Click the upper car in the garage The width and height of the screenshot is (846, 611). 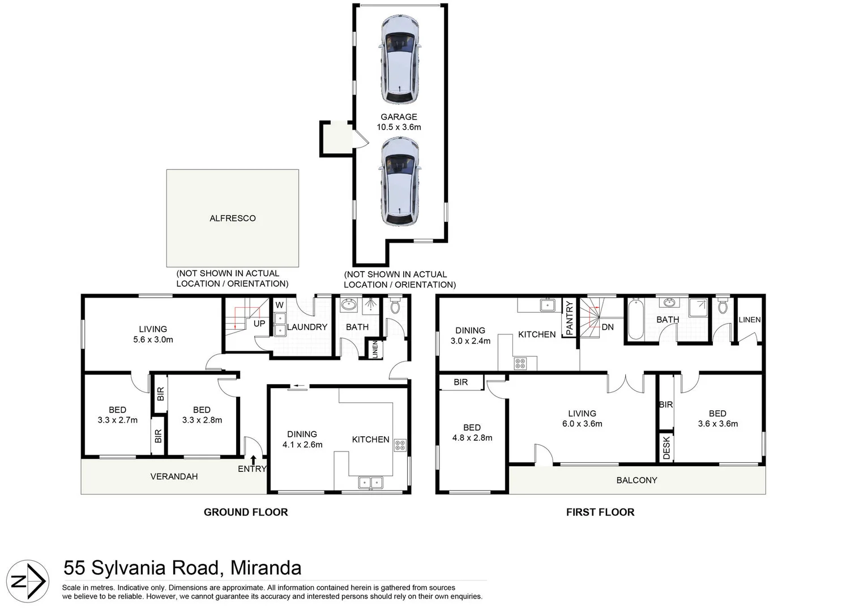[x=400, y=60]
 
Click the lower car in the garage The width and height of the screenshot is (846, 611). [x=400, y=183]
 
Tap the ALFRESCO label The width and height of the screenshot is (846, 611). [x=233, y=218]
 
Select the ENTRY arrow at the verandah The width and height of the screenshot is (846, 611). [x=253, y=460]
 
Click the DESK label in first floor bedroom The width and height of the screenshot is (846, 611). [x=666, y=448]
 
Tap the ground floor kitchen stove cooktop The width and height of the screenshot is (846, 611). [x=400, y=445]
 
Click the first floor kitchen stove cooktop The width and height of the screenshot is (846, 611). [x=520, y=364]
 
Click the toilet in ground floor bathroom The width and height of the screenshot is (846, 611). [x=395, y=307]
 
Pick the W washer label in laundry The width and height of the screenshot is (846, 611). [x=279, y=305]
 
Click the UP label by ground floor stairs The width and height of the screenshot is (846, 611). [x=259, y=324]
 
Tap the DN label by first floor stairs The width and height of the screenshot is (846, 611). [x=608, y=327]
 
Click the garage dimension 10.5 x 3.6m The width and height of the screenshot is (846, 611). [x=399, y=127]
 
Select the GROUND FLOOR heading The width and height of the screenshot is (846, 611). [x=246, y=513]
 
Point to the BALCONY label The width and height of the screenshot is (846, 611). [x=636, y=480]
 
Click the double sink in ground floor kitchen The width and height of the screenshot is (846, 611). [x=370, y=483]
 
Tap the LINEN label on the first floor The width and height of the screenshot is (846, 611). [x=749, y=320]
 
